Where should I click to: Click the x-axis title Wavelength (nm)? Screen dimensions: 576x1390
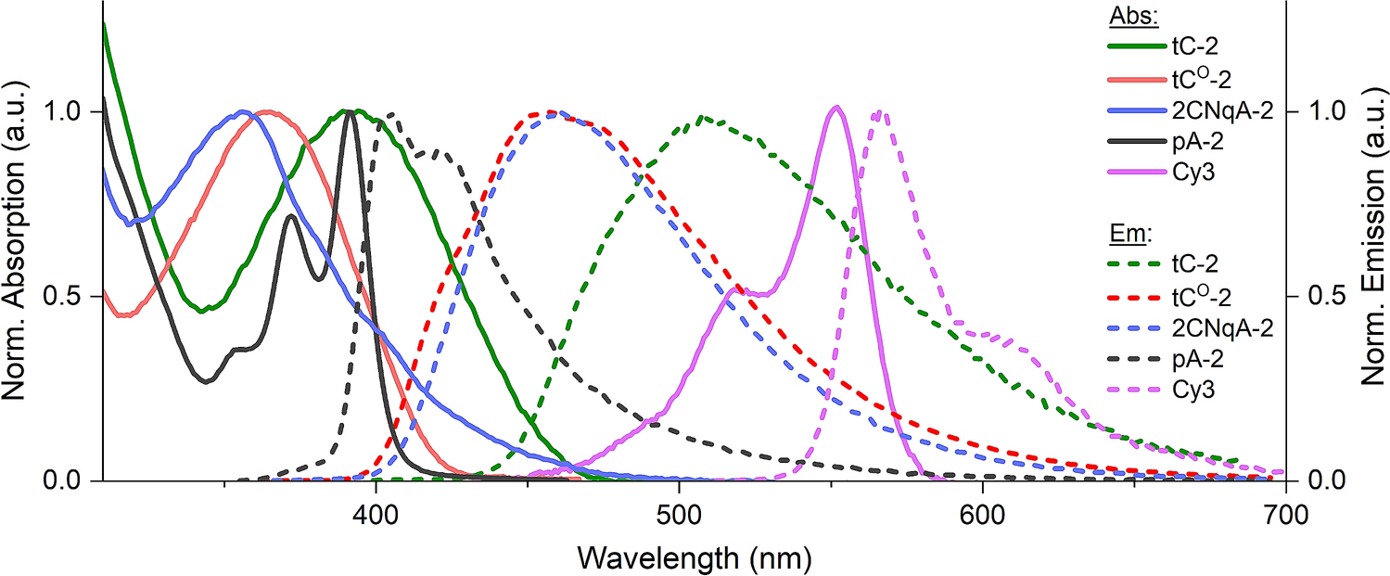pyautogui.click(x=694, y=557)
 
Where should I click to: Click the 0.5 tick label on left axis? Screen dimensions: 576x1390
pyautogui.click(x=68, y=296)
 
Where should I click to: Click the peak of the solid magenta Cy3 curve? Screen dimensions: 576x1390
pyautogui.click(x=836, y=107)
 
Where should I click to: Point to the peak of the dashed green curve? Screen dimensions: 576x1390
pyautogui.click(x=702, y=117)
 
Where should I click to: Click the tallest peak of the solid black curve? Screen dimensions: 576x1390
pyautogui.click(x=351, y=111)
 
